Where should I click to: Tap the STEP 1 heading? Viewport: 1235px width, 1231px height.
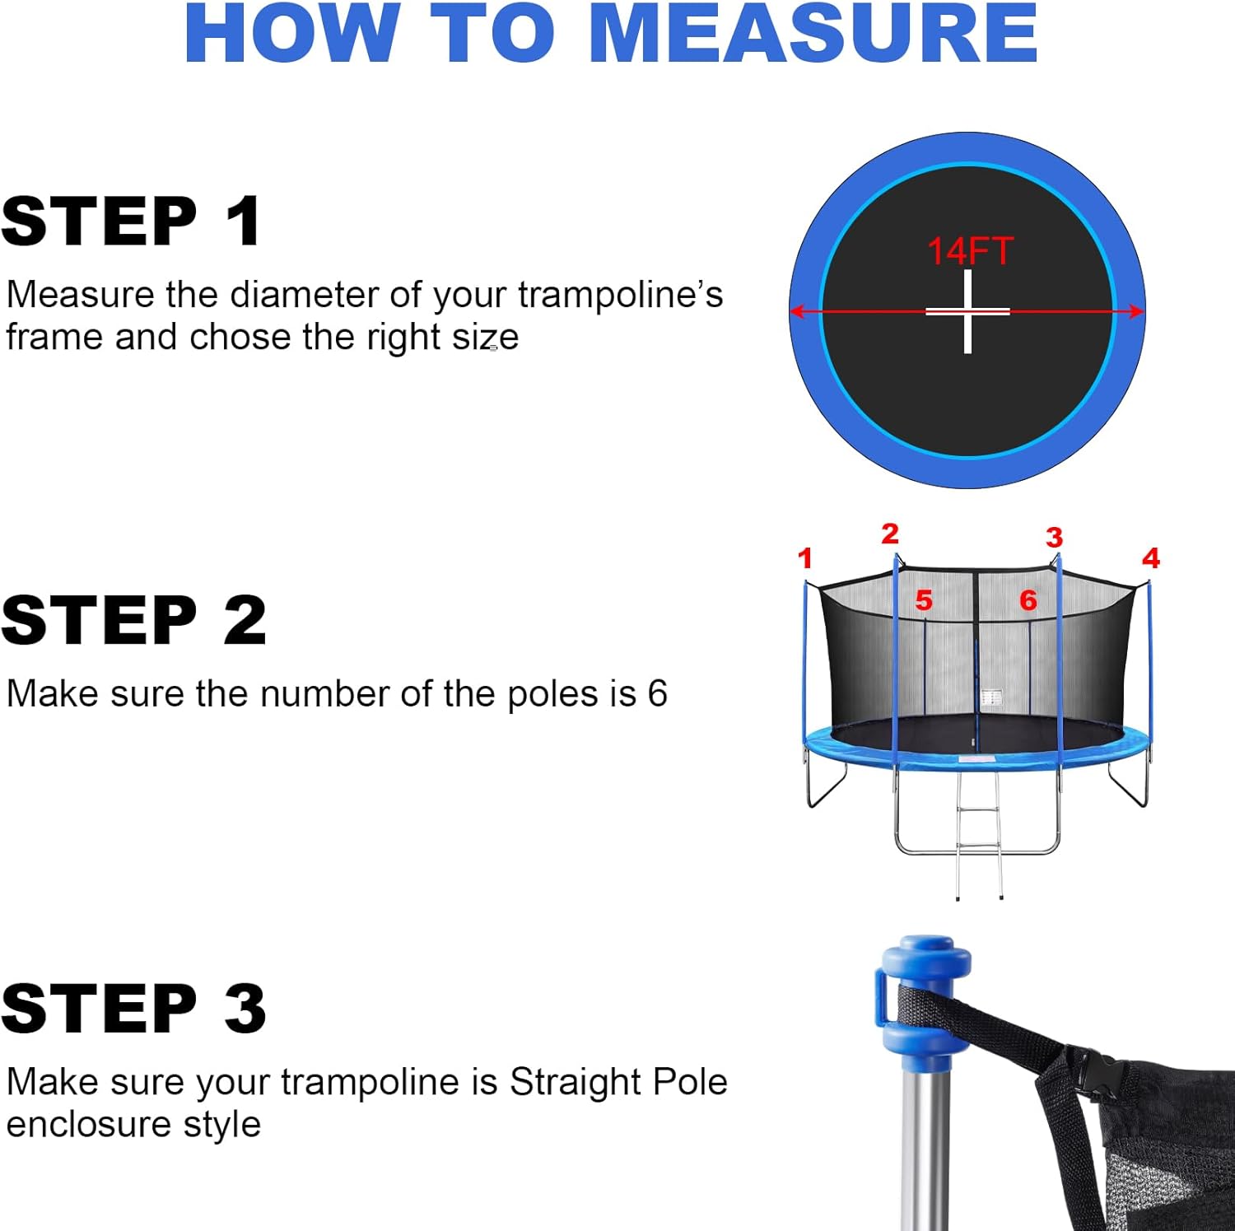[x=132, y=221]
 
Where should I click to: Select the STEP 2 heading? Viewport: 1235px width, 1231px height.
[x=133, y=620]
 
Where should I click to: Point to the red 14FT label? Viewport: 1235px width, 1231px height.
[x=970, y=251]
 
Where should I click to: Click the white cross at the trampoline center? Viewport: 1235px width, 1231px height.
[x=967, y=311]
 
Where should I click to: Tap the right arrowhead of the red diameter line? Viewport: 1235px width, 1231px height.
[x=1137, y=311]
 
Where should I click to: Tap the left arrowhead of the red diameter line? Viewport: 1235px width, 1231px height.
[x=797, y=311]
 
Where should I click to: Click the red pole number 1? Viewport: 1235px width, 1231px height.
[x=805, y=558]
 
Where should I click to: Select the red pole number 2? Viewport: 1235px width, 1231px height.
[x=889, y=534]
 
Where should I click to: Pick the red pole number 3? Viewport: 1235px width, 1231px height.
[x=1054, y=538]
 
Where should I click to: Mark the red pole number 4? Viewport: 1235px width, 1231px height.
[x=1150, y=558]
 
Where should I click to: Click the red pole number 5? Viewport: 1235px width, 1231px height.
[x=924, y=600]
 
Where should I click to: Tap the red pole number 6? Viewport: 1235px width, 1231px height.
[x=1028, y=600]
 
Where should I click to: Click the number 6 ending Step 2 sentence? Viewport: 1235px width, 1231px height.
[x=657, y=693]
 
